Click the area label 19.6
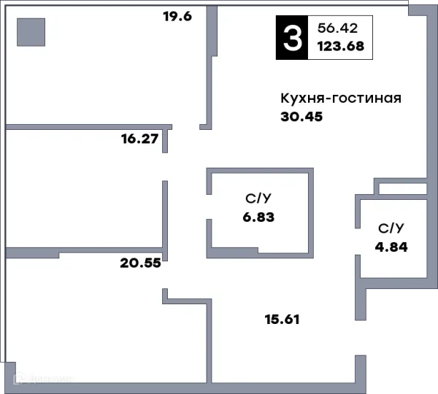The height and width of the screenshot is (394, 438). tap(177, 16)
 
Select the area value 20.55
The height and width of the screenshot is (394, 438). tap(140, 263)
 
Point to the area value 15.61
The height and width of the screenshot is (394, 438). tap(282, 319)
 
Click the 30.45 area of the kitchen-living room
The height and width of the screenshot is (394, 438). tap(301, 116)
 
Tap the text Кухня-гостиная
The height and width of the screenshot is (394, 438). tap(341, 98)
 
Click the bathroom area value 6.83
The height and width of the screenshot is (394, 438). tap(260, 217)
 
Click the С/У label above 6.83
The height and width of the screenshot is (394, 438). tap(260, 198)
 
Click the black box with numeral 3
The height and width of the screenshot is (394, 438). tap(291, 38)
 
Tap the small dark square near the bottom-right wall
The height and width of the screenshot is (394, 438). tap(361, 354)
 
